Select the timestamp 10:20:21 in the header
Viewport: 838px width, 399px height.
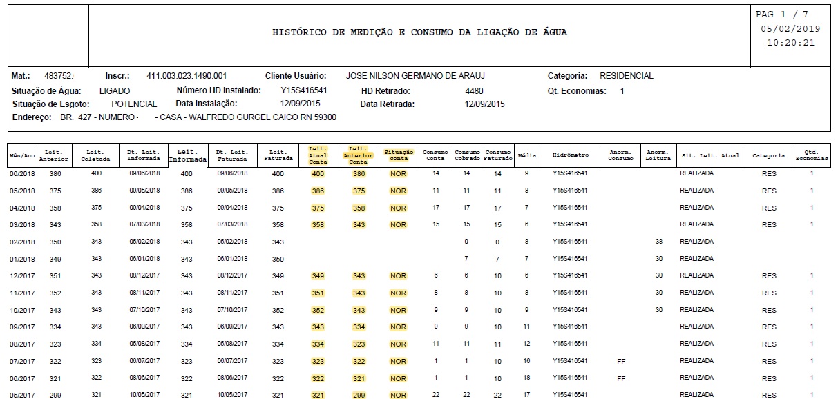790,42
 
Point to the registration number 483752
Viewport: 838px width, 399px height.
59,76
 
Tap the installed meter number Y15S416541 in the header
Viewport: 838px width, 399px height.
304,90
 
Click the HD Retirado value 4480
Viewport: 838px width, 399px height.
475,90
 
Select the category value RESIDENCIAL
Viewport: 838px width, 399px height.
626,76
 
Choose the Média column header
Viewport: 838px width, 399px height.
526,156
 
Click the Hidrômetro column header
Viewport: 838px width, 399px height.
570,156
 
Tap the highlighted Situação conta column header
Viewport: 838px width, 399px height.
398,155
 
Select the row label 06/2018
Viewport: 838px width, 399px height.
22,174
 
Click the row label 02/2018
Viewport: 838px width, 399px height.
22,242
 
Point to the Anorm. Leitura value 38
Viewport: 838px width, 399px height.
659,242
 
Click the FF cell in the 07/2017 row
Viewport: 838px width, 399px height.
620,361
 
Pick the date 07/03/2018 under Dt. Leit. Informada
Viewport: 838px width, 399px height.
144,224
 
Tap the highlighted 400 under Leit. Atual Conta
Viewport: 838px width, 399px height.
318,174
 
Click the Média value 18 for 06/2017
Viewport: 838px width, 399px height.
526,378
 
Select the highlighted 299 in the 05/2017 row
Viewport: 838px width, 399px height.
358,395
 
